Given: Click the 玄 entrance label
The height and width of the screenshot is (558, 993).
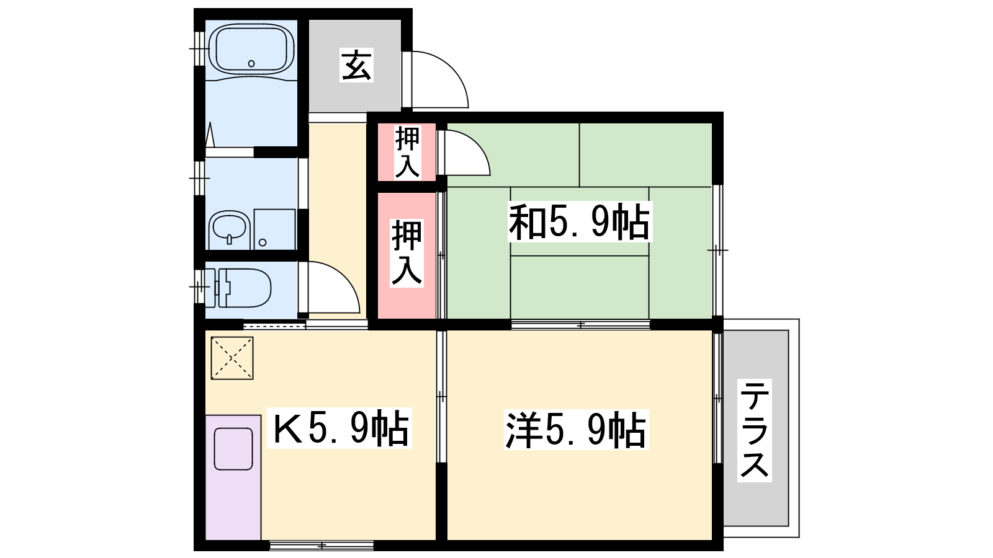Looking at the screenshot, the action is click(x=356, y=64).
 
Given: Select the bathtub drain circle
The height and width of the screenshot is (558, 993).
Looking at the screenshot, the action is click(x=251, y=63).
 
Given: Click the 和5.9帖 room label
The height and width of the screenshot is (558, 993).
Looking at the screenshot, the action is click(x=580, y=221).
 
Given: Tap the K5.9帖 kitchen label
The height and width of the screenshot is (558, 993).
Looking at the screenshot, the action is click(x=339, y=428).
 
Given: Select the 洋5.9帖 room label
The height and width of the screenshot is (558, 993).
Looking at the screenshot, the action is click(x=577, y=430).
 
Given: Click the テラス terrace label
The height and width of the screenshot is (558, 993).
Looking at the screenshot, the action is click(x=755, y=430).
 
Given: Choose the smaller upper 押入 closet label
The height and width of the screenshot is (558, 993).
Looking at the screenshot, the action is click(x=407, y=152).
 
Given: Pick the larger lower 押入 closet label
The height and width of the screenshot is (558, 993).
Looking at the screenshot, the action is click(x=407, y=254).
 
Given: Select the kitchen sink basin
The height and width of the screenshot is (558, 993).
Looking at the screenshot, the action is click(x=233, y=449).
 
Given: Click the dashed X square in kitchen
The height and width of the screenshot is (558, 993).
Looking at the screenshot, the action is click(x=232, y=358).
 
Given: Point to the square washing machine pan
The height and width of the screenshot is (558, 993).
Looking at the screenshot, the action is click(x=274, y=229).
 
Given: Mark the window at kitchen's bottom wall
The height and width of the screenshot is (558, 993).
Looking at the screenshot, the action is click(x=321, y=545).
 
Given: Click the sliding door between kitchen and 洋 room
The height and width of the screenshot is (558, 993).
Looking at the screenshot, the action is click(x=441, y=397).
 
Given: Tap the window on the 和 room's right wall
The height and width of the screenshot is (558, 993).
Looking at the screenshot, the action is click(x=717, y=250).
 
